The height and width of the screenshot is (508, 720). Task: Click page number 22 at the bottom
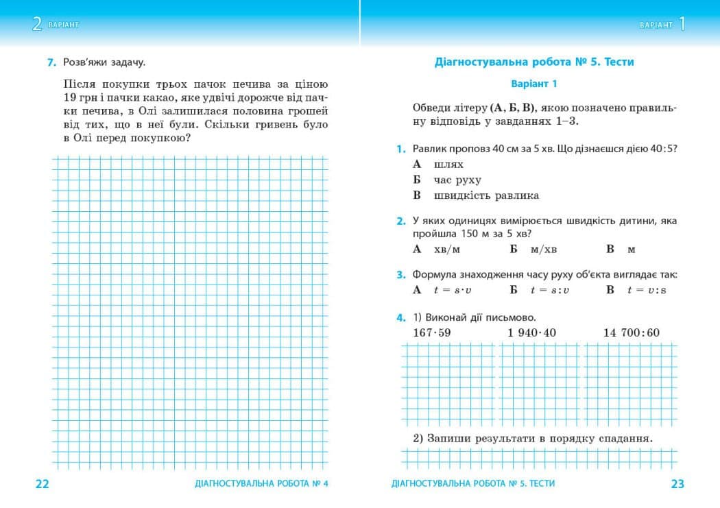pyautogui.click(x=42, y=484)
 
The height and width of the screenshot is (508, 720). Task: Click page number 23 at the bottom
pyautogui.click(x=677, y=484)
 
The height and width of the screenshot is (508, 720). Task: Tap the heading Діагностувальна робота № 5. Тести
pyautogui.click(x=534, y=62)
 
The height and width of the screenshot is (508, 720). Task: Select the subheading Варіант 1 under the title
pyautogui.click(x=534, y=84)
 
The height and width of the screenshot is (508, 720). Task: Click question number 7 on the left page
pyautogui.click(x=51, y=62)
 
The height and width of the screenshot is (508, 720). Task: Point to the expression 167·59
pyautogui.click(x=432, y=333)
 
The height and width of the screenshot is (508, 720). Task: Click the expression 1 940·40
pyautogui.click(x=531, y=333)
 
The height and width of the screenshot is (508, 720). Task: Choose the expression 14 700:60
pyautogui.click(x=631, y=333)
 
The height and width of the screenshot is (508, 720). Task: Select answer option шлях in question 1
pyautogui.click(x=448, y=165)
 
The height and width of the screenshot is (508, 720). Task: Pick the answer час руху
pyautogui.click(x=457, y=180)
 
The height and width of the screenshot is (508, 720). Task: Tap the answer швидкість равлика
pyautogui.click(x=486, y=196)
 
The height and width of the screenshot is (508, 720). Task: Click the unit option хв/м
pyautogui.click(x=447, y=250)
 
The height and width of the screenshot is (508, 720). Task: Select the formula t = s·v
pyautogui.click(x=453, y=290)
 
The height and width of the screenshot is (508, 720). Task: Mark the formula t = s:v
pyautogui.click(x=549, y=290)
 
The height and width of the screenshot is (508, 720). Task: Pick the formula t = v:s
pyautogui.click(x=646, y=290)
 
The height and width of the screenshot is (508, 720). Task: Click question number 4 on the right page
pyautogui.click(x=400, y=318)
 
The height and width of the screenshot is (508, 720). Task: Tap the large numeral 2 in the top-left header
pyautogui.click(x=37, y=25)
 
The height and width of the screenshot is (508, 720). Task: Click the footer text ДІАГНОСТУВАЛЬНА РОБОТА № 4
pyautogui.click(x=261, y=484)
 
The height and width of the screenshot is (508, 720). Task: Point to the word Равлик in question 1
pyautogui.click(x=429, y=149)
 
